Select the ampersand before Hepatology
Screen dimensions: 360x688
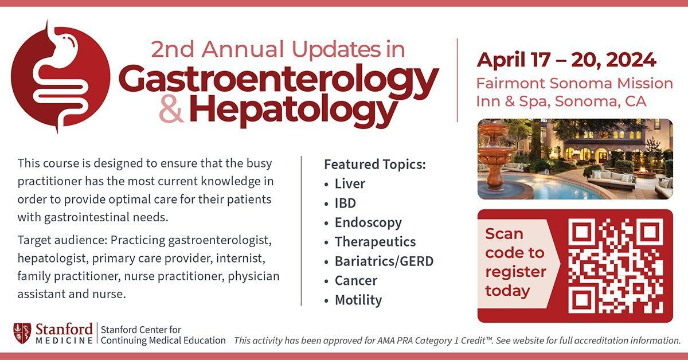(x=171, y=112)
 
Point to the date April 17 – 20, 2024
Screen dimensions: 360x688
(x=566, y=59)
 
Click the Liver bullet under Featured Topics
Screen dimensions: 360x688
(x=350, y=184)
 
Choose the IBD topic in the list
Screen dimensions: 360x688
(x=345, y=203)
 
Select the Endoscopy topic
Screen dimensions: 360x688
(x=368, y=222)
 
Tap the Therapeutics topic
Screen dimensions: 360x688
(x=375, y=242)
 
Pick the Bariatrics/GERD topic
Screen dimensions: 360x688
(x=384, y=261)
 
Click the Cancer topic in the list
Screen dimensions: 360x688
(x=356, y=281)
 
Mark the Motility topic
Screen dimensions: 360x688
(x=358, y=300)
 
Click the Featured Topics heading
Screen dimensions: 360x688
(x=375, y=164)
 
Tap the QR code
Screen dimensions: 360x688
(x=617, y=266)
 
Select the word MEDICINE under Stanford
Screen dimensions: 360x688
(x=64, y=341)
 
